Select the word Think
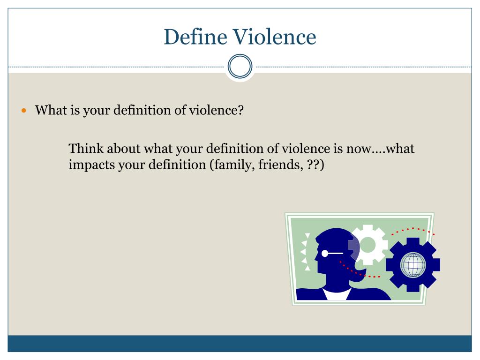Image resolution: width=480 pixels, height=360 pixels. pos(85,149)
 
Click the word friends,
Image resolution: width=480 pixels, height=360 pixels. pos(285,165)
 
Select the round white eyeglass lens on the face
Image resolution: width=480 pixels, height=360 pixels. pos(325,254)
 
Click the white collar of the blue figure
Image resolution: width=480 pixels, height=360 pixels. pos(337,294)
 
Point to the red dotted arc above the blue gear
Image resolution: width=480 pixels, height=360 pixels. pos(412,230)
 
